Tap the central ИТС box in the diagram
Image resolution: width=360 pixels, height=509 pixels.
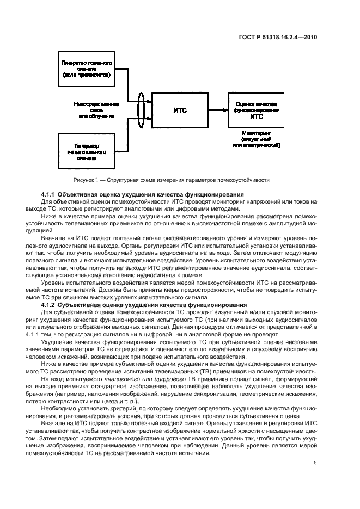180,110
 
